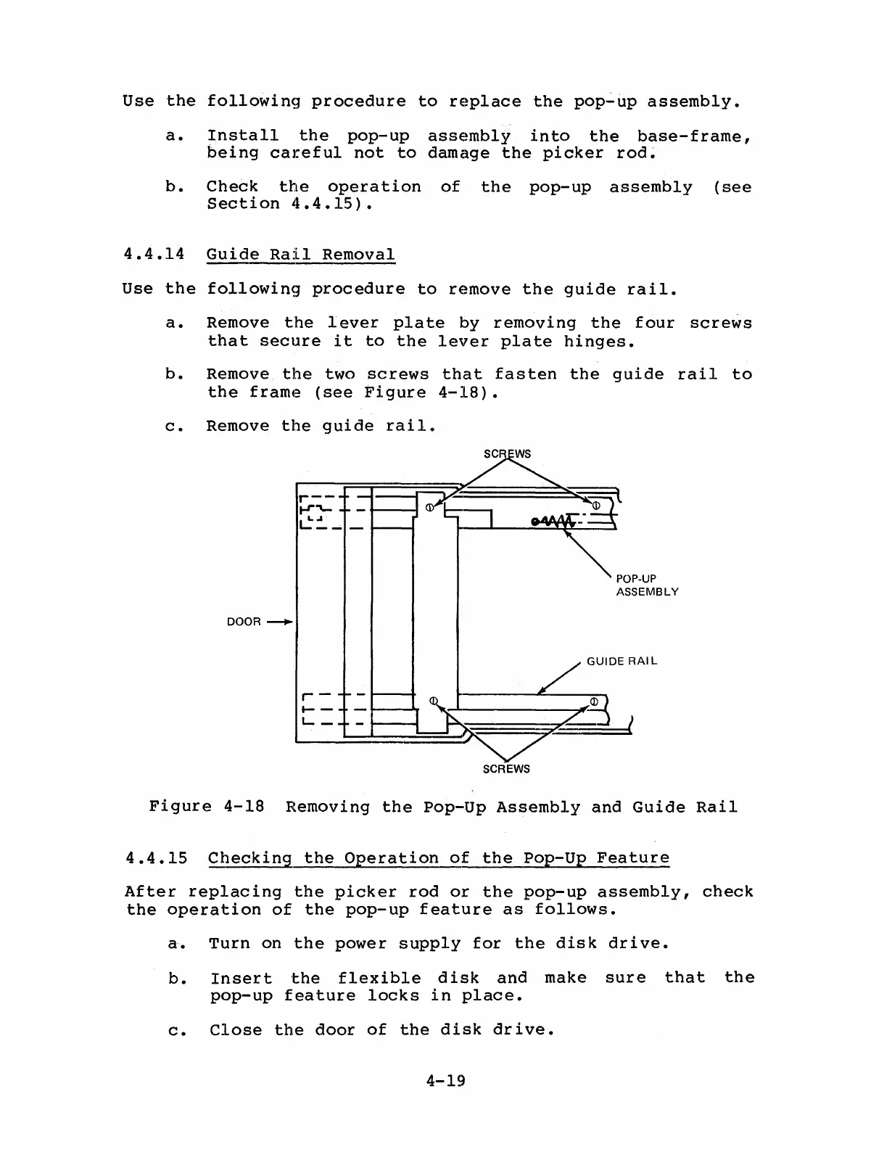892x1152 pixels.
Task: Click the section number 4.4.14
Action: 154,255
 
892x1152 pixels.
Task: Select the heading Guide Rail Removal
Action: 301,255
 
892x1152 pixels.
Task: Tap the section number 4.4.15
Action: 156,858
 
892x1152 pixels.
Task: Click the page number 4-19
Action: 445,1081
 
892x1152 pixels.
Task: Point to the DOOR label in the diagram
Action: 243,622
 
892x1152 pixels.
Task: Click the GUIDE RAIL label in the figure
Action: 621,661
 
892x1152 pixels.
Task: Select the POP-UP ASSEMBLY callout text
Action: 647,585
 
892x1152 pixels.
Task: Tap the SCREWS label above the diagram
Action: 507,454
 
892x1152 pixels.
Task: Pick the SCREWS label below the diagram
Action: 506,769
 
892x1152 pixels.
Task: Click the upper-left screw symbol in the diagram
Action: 429,507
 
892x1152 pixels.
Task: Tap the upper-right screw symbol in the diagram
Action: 596,505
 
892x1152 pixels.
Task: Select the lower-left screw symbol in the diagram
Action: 434,701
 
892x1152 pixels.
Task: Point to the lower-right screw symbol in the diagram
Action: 593,702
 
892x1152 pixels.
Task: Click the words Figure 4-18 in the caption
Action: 207,807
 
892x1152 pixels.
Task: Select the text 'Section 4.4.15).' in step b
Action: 289,205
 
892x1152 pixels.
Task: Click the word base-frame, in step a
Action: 694,136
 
